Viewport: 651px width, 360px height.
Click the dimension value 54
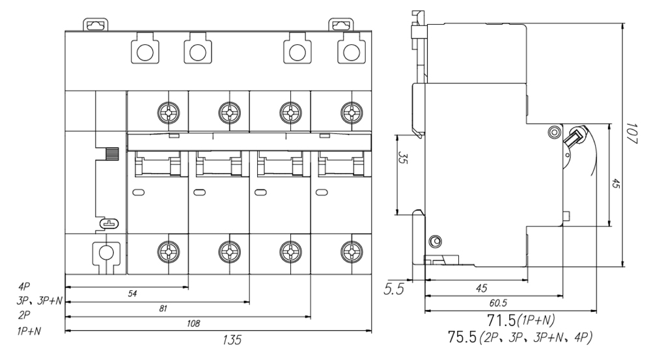(x=133, y=294)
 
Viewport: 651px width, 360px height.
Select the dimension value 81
(x=163, y=309)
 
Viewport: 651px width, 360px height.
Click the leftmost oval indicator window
(x=138, y=193)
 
